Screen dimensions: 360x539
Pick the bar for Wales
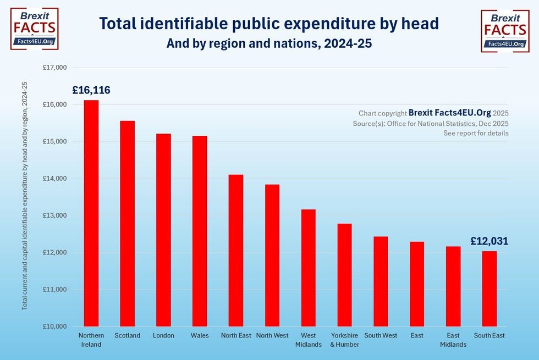200,231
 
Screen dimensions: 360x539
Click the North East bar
236,250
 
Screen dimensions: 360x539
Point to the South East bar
490,289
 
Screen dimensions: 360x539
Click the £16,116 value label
91,90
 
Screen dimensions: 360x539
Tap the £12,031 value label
490,241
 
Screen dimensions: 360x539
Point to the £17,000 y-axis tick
54,68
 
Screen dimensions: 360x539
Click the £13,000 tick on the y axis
54,215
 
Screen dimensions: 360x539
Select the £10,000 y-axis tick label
54,326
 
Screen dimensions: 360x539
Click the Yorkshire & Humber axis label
345,340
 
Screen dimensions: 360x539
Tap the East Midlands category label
453,340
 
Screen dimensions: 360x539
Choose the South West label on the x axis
381,335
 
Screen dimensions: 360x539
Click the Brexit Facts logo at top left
34,29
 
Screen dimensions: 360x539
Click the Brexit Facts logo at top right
505,31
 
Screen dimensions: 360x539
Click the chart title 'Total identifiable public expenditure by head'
269,23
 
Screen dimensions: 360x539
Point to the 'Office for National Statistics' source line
431,124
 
